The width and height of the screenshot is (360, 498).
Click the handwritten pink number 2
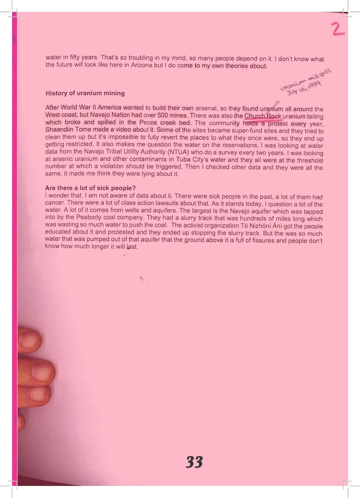point(338,28)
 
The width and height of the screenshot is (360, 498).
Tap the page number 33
point(194,462)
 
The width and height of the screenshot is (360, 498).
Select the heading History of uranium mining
point(85,93)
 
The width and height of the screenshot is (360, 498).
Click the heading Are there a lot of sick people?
point(90,188)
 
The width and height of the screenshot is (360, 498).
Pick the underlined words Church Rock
point(263,116)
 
